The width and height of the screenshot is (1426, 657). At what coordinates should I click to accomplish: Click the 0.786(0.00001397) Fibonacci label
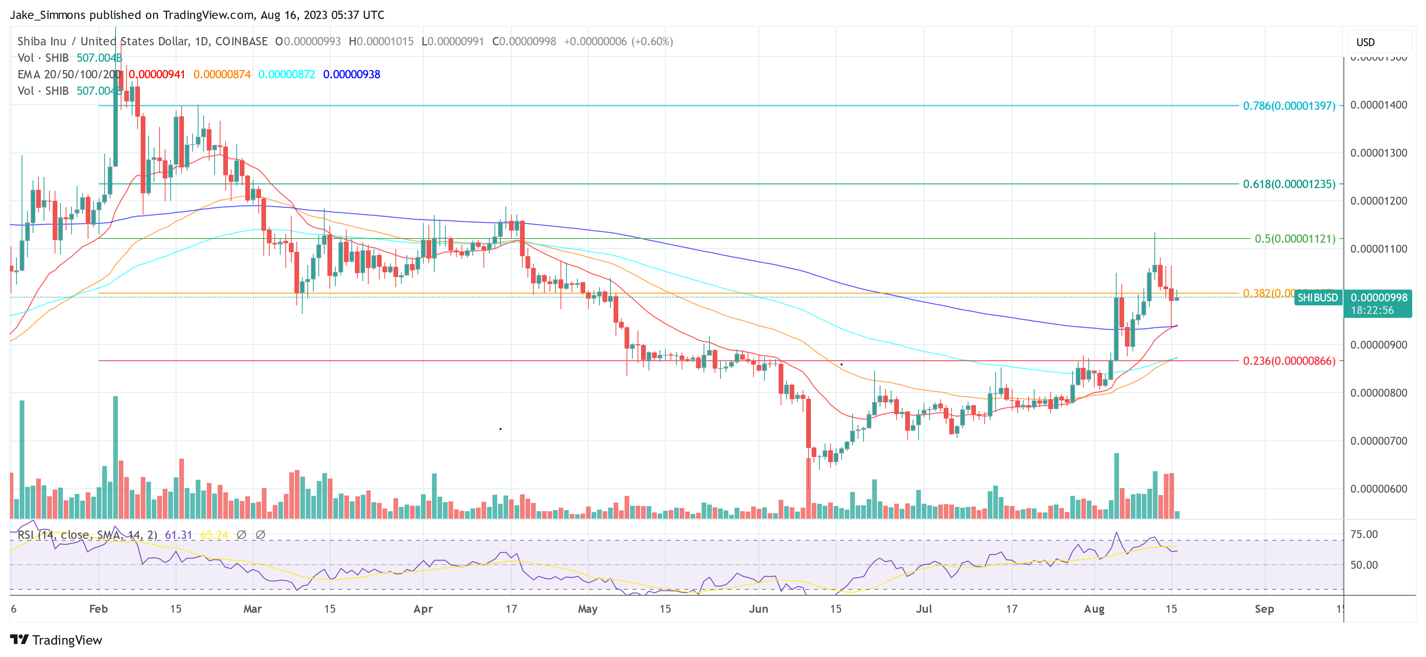[x=1289, y=106]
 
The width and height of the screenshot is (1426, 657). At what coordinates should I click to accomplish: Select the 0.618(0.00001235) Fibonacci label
[x=1289, y=184]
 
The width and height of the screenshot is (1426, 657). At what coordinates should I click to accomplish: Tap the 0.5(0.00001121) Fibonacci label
[x=1294, y=239]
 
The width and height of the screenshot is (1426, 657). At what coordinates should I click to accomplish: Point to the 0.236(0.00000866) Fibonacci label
[x=1289, y=361]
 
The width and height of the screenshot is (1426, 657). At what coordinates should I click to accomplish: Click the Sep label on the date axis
[x=1264, y=609]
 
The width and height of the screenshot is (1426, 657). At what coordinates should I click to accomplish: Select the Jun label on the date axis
[x=758, y=609]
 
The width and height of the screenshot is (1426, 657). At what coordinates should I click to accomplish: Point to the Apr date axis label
[x=423, y=609]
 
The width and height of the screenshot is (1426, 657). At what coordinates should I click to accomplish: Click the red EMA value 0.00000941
[x=157, y=74]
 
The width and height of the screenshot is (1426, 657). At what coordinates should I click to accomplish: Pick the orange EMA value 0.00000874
[x=222, y=74]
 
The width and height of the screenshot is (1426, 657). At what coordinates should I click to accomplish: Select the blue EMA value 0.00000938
[x=351, y=74]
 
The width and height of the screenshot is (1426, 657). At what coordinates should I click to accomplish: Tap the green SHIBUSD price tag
[x=1318, y=298]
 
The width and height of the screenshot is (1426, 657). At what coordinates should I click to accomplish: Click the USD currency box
[x=1365, y=42]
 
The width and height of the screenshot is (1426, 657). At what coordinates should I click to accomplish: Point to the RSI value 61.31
[x=178, y=535]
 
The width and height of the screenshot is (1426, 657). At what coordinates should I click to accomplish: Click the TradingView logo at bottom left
[x=56, y=640]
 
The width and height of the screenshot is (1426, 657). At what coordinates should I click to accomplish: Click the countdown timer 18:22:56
[x=1372, y=310]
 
